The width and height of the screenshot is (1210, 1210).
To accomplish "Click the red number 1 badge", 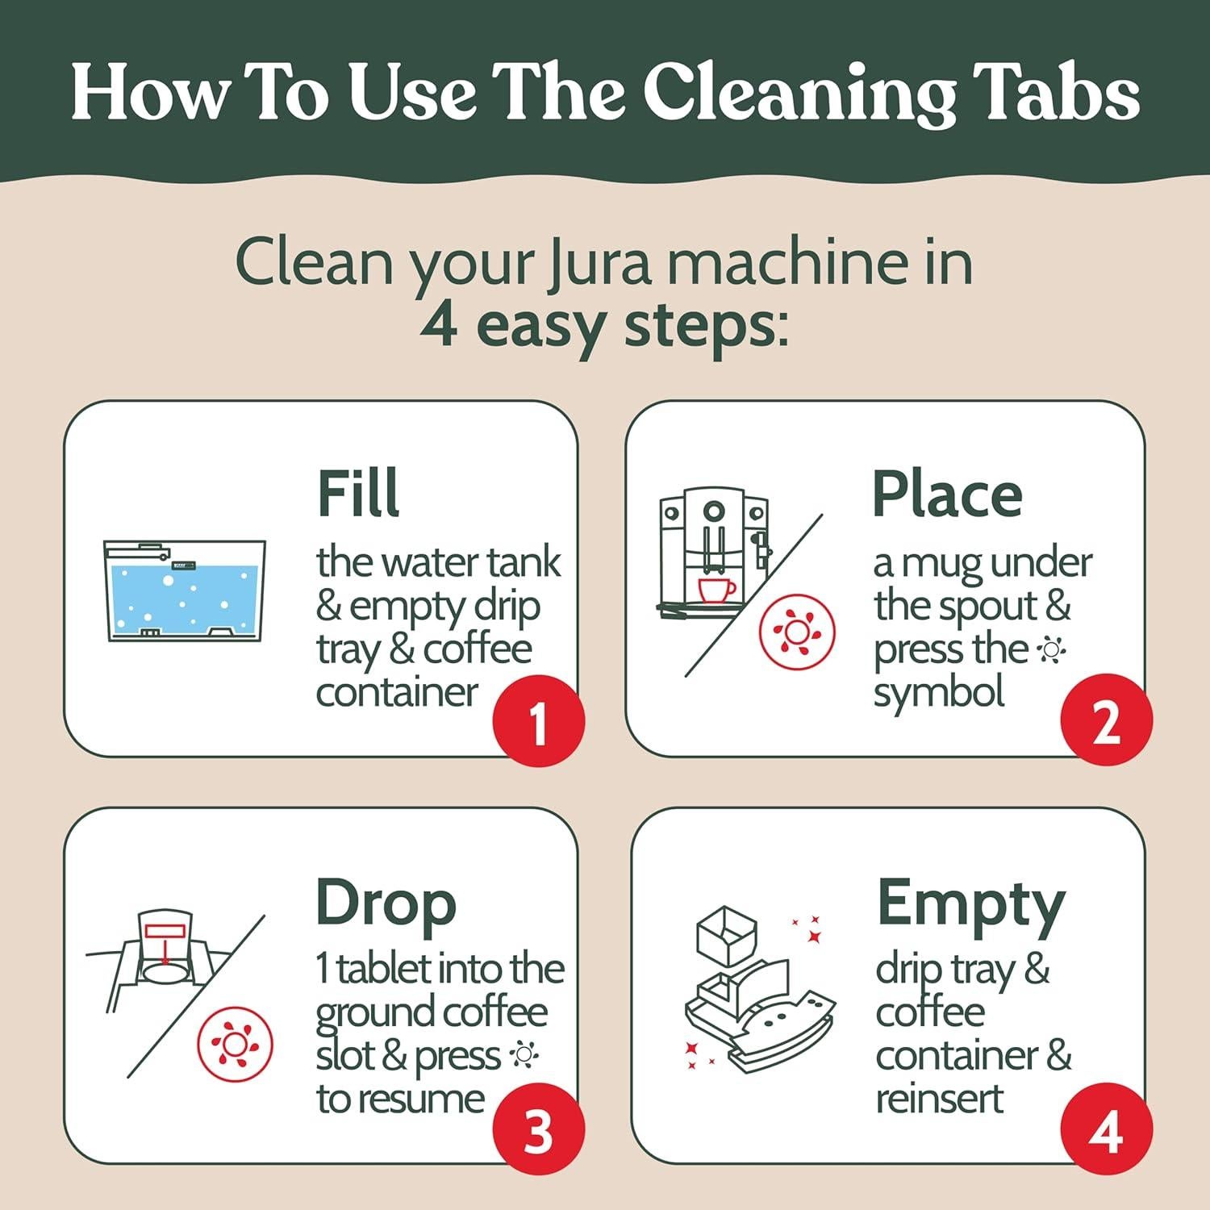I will pos(538,720).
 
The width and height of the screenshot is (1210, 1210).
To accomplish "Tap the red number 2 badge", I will pos(1106,720).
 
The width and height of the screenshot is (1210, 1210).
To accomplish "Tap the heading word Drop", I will pos(386,903).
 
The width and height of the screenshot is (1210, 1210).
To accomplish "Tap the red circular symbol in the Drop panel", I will pos(235,1045).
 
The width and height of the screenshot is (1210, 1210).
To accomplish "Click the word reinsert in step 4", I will pos(939,1099).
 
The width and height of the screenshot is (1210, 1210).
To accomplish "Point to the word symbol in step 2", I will pos(939,692).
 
